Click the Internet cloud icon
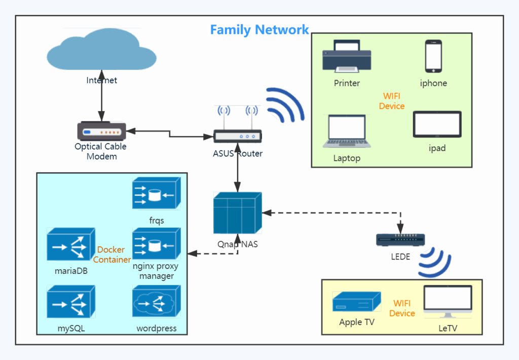(x=101, y=50)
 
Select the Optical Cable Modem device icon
(x=101, y=131)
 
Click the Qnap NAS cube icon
(x=238, y=213)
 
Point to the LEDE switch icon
(x=400, y=240)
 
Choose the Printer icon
(x=347, y=56)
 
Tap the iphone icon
(x=434, y=56)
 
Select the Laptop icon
(x=347, y=131)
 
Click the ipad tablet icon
(x=437, y=124)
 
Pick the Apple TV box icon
(x=357, y=301)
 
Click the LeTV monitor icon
(x=448, y=301)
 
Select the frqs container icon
(x=157, y=193)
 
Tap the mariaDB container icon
(x=71, y=244)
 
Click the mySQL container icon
(x=71, y=301)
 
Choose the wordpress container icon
(x=157, y=301)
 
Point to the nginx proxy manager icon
(x=157, y=244)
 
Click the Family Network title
(x=259, y=30)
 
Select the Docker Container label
(x=112, y=255)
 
